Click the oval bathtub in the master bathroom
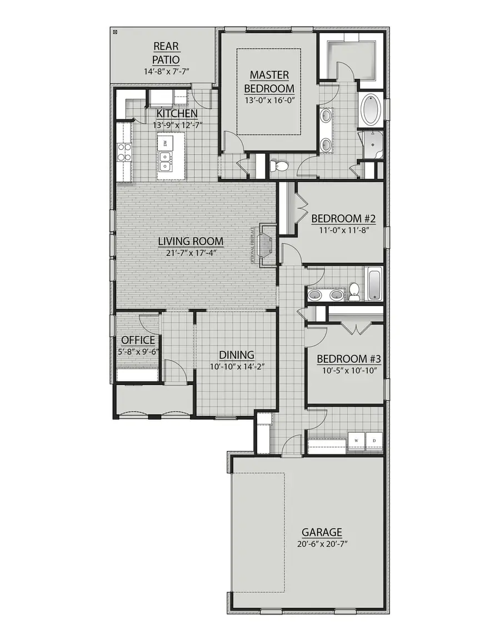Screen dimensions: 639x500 (370, 110)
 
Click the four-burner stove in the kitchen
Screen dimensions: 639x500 (123, 151)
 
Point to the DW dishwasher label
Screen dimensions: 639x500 (166, 143)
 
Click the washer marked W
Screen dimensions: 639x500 (356, 441)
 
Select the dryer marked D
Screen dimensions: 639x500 (373, 441)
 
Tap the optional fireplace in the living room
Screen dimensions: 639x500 (266, 245)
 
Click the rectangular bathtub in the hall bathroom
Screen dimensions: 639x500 (374, 283)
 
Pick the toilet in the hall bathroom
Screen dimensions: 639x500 (353, 291)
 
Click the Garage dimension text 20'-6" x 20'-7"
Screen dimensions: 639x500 (322, 544)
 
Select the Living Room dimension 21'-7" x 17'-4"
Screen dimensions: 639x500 (191, 253)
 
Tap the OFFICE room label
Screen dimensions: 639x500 (138, 340)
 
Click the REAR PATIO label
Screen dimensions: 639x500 (165, 53)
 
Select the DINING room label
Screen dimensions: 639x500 (236, 355)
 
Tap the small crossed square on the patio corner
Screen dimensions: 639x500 (115, 33)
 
